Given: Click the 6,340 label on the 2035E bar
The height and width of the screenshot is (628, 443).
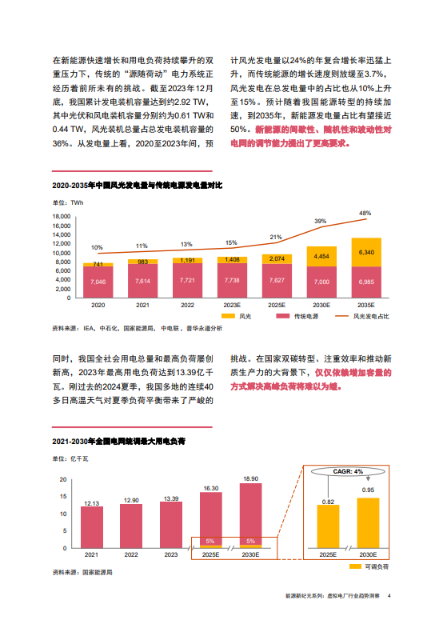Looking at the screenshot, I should pos(366,252).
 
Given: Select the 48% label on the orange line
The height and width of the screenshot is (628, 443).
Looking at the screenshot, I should pos(365,213).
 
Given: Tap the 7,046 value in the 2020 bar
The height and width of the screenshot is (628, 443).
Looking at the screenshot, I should pos(98,282).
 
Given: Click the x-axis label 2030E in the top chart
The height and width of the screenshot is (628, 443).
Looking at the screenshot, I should pos(321,305).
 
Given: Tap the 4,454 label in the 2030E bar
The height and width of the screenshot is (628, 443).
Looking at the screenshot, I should pos(321,256).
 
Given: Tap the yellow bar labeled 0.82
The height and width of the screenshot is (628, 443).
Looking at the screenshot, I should pos(328,526).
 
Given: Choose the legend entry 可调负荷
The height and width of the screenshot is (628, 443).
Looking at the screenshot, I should pos(369,566).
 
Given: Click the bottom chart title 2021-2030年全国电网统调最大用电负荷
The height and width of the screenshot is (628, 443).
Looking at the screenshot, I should pos(118,441).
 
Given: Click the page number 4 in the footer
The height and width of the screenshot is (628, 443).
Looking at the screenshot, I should pos(389,595).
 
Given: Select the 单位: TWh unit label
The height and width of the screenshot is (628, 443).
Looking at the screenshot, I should pos(68,202).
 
